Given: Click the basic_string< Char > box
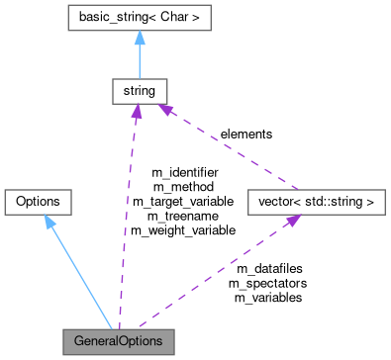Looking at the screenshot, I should pyautogui.click(x=139, y=17).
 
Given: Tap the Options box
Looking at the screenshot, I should pyautogui.click(x=38, y=202).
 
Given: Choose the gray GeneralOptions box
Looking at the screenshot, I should pyautogui.click(x=118, y=341).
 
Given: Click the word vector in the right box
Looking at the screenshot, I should pyautogui.click(x=272, y=202).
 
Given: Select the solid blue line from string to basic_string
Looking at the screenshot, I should pyautogui.click(x=139, y=59).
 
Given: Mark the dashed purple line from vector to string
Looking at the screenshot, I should pyautogui.click(x=228, y=148).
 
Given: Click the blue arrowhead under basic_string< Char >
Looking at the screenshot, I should pyautogui.click(x=139, y=38).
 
